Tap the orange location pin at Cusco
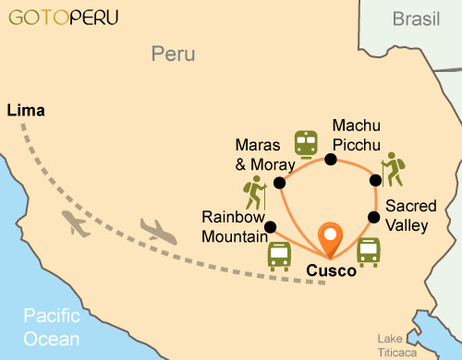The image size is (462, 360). [330, 239]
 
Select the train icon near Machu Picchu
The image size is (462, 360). [305, 143]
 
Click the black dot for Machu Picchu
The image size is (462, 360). [330, 160]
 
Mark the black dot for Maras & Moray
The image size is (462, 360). [279, 183]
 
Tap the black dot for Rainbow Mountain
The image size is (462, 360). [270, 227]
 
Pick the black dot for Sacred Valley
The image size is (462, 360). [374, 217]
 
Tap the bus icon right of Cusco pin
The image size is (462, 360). [368, 251]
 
